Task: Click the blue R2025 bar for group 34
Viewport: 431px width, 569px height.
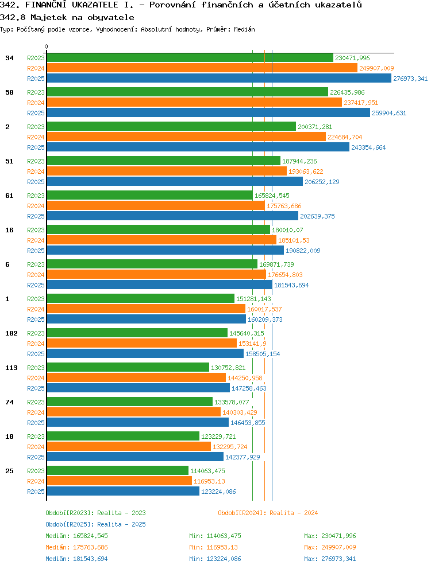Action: (x=219, y=79)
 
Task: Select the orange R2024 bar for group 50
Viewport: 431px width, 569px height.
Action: (x=194, y=103)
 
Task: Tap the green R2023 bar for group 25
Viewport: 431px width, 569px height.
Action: (x=117, y=471)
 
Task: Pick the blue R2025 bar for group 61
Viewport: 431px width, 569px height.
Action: (x=172, y=216)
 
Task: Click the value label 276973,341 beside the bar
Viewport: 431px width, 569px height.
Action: (x=410, y=79)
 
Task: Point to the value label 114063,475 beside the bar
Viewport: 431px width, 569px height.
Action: (x=207, y=471)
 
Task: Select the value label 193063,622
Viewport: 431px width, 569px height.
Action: (x=306, y=172)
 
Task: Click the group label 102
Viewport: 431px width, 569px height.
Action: (x=11, y=333)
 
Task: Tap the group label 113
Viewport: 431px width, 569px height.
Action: (x=11, y=368)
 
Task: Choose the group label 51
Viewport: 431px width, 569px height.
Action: (x=9, y=161)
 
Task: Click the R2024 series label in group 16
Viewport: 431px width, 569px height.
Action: (x=36, y=240)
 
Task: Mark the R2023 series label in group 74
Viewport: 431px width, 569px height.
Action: (x=36, y=402)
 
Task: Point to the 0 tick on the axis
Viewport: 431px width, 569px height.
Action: (x=46, y=47)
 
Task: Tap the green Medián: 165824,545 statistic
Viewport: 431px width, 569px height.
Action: (x=77, y=536)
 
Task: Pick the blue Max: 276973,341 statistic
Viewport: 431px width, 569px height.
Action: (x=330, y=559)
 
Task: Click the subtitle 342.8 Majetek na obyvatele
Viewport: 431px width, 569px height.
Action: (x=67, y=17)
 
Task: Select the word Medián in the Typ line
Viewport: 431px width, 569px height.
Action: (x=244, y=29)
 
